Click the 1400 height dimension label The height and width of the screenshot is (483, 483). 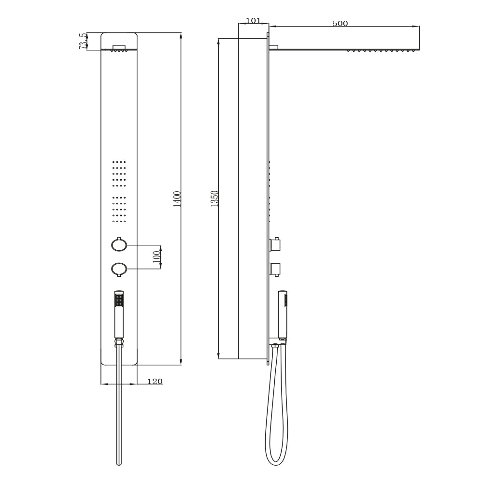coord(177,199)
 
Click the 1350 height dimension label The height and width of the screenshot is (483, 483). coord(215,199)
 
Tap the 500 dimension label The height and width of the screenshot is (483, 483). coord(340,24)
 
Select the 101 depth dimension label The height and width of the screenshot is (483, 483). coord(253,21)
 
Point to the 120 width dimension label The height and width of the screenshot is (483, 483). coord(155,382)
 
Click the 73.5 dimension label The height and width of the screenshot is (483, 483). coord(83,41)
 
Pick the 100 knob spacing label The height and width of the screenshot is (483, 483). coord(156,257)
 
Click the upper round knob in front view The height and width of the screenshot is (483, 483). coord(119,245)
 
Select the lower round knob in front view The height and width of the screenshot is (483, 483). coord(119,269)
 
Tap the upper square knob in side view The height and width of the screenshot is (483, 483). coord(275,245)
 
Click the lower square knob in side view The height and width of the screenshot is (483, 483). coord(275,269)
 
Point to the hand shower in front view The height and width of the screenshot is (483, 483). coord(119,314)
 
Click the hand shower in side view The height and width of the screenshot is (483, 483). coord(283,314)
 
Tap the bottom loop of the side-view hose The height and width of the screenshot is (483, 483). coord(276,461)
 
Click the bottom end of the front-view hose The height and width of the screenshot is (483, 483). coord(119,463)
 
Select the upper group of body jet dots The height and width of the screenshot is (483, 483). coord(119,173)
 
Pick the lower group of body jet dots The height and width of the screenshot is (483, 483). coord(119,210)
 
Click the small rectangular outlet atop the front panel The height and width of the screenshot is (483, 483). coord(119,47)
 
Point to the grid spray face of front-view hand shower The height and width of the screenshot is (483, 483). coord(119,300)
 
